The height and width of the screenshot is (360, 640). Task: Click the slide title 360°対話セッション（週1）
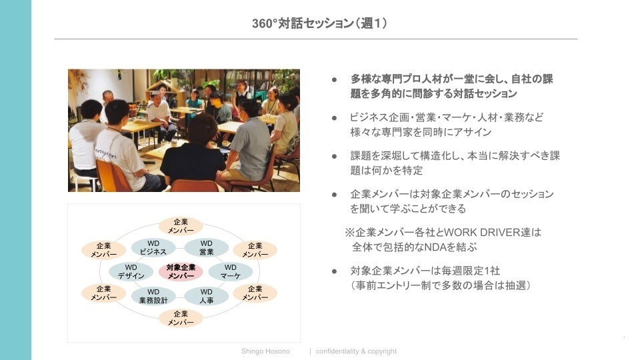[x=320, y=23]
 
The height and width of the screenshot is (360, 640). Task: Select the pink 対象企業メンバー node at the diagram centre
[x=181, y=271]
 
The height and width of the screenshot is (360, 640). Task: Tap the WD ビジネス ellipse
[x=153, y=247]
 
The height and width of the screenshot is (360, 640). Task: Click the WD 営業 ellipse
[x=207, y=247]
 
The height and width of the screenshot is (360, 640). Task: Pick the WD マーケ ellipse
[x=231, y=271]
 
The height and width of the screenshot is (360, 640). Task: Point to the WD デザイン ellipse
[x=131, y=271]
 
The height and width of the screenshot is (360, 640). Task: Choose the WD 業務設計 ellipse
[x=153, y=296]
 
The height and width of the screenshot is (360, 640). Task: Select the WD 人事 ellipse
[x=207, y=296]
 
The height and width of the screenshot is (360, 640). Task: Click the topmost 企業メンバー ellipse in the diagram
[x=181, y=226]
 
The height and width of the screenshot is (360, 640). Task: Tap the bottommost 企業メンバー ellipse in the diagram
[x=181, y=318]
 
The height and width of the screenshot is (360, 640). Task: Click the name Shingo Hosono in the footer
[x=265, y=351]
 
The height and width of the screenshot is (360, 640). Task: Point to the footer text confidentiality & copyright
[x=356, y=351]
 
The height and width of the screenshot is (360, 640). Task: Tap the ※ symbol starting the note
[x=349, y=233]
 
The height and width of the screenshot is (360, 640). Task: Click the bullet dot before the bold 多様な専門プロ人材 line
[x=335, y=79]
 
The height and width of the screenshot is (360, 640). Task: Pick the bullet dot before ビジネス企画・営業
[x=335, y=117]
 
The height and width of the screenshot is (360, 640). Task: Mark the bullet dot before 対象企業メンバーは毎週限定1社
[x=335, y=271]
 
